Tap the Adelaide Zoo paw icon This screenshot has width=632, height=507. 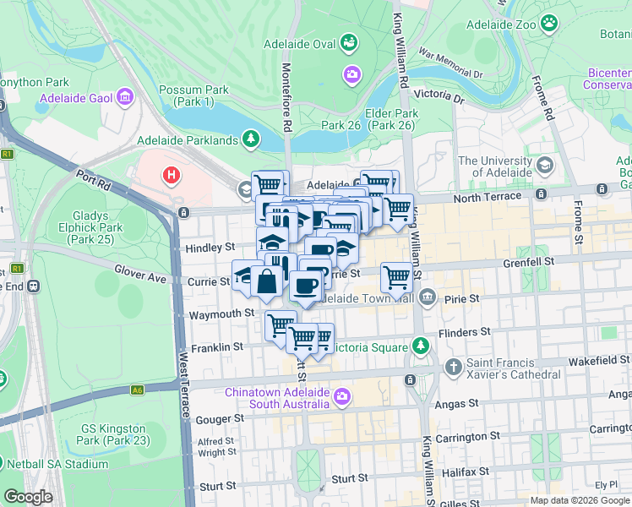pyautogui.click(x=550, y=24)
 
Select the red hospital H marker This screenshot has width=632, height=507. pyautogui.click(x=172, y=176)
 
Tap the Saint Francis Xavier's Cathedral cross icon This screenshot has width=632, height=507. pyautogui.click(x=454, y=367)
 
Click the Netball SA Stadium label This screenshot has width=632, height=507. pyautogui.click(x=57, y=464)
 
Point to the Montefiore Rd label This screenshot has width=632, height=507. pyautogui.click(x=286, y=96)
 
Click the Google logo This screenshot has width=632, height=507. pyautogui.click(x=28, y=497)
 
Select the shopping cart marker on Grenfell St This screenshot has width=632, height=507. pyautogui.click(x=395, y=275)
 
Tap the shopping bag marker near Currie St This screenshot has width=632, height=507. pyautogui.click(x=266, y=281)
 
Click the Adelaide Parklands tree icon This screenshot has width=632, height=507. pyautogui.click(x=250, y=139)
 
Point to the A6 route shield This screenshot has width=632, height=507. pyautogui.click(x=137, y=390)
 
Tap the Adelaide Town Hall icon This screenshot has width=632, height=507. pyautogui.click(x=428, y=297)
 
